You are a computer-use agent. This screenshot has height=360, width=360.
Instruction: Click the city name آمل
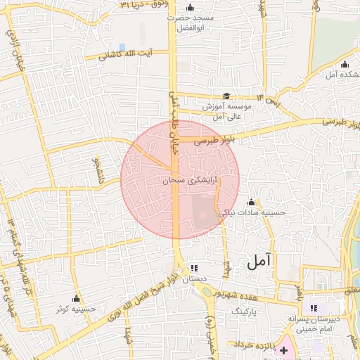(x=259, y=262)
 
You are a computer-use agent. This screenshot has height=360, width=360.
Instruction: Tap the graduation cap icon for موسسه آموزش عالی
(x=226, y=96)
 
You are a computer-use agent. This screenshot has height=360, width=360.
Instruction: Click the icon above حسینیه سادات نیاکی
(x=250, y=201)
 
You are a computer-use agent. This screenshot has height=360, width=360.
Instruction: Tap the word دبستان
(x=195, y=279)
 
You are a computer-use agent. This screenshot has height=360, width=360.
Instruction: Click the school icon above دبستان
(x=194, y=269)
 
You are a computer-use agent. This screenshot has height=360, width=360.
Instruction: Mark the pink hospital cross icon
(x=284, y=349)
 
